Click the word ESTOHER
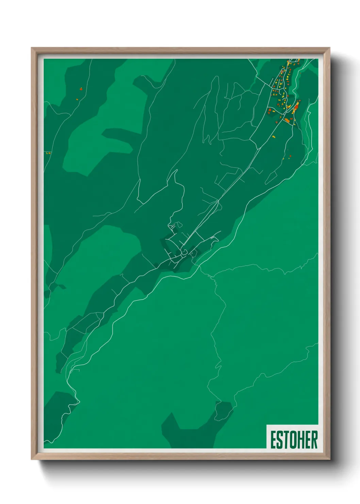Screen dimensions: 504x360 tap(294, 440)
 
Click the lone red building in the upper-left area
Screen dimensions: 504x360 tap(81, 89)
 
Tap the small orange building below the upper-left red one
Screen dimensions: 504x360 tap(77, 99)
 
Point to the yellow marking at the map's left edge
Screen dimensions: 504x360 tap(48, 153)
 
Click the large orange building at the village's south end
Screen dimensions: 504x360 tap(287, 120)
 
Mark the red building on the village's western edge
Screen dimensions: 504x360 tap(269, 110)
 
